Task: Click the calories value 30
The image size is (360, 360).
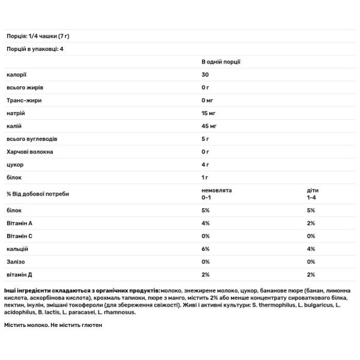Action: [x=205, y=74]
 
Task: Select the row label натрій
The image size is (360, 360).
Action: [x=16, y=113]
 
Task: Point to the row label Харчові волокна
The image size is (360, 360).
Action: [x=29, y=151]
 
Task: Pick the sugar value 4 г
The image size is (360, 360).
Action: [x=206, y=164]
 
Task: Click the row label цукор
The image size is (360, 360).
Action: [x=14, y=164]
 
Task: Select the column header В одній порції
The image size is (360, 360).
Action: [x=221, y=62]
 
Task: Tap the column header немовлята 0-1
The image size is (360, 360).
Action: [x=217, y=193]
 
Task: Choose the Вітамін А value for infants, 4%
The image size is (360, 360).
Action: [x=206, y=223]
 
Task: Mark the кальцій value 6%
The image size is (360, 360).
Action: [x=206, y=248]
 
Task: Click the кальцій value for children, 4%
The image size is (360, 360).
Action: [x=311, y=248]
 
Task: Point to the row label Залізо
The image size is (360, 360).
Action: [x=16, y=262]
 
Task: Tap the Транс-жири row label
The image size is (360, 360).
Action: [x=24, y=100]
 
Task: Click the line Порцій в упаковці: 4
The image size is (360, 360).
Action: [x=34, y=49]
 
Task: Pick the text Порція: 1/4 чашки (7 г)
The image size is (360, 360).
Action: [x=39, y=37]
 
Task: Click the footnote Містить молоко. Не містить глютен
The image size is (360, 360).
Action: [x=55, y=325]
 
